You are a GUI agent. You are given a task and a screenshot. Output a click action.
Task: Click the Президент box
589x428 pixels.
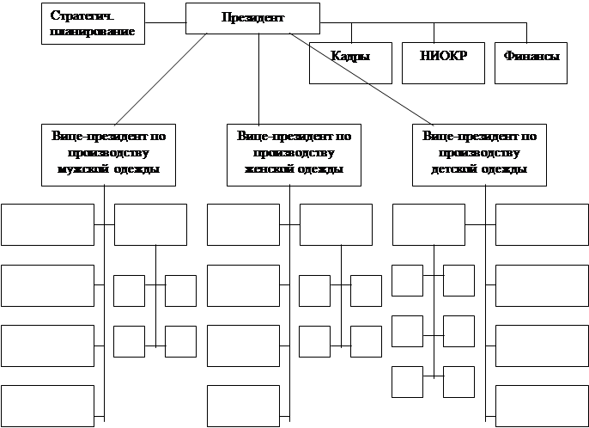coord(252,17)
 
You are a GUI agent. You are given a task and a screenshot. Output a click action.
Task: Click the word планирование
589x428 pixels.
coord(88,31)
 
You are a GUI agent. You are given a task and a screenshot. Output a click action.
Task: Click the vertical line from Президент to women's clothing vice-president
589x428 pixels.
coord(260,77)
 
